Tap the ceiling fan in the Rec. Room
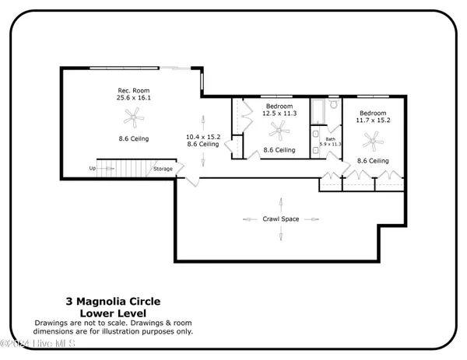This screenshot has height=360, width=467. [134, 117]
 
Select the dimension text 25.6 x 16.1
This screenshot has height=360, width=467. [134, 99]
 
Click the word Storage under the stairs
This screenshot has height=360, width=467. [163, 169]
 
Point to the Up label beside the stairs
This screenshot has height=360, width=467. [93, 168]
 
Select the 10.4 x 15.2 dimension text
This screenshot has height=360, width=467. [202, 137]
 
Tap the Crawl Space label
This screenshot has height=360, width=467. [280, 219]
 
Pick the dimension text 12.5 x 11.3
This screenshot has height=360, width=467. [279, 114]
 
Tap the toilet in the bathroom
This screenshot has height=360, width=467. [332, 105]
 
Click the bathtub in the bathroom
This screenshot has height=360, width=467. [318, 112]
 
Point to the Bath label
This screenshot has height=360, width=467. [331, 138]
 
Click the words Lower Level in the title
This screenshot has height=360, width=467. [112, 311]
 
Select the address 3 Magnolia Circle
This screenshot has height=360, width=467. [112, 300]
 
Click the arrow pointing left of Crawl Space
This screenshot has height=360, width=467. [249, 219]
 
